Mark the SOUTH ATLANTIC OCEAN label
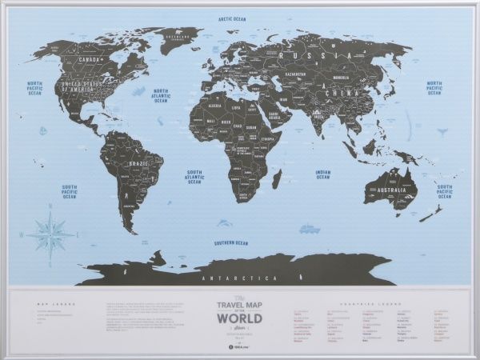194,177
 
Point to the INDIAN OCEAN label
322,174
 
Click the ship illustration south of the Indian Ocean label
310,229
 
